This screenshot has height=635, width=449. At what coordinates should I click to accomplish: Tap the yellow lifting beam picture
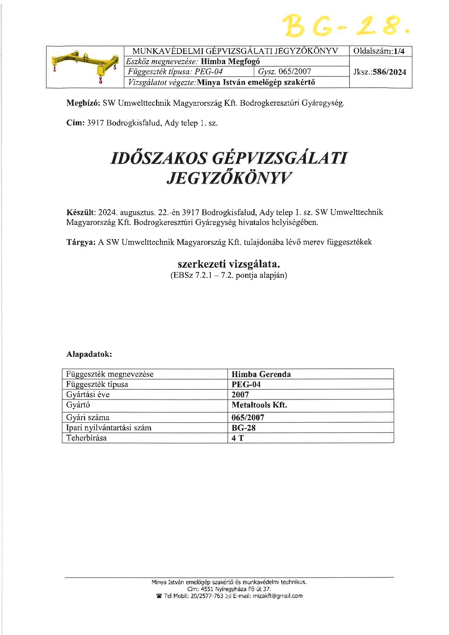(85, 67)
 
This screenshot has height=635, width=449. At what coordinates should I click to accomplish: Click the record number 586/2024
(389, 72)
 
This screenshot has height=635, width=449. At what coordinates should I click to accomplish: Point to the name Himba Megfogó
(230, 61)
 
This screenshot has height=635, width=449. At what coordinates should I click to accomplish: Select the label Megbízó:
(83, 103)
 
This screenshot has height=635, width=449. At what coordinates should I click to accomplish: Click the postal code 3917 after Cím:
(96, 123)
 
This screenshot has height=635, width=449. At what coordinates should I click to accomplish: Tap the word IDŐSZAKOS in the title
(158, 159)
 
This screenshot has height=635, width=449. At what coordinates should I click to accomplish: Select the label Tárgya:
(81, 242)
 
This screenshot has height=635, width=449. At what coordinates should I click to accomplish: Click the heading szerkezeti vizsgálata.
(229, 264)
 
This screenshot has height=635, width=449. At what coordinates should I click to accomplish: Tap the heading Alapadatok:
(89, 354)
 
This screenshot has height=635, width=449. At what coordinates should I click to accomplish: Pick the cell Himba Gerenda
(261, 374)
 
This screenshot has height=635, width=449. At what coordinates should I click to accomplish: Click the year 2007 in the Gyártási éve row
(240, 394)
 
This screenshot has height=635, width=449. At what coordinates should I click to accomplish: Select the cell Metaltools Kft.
(259, 405)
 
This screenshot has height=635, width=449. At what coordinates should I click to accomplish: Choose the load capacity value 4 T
(238, 438)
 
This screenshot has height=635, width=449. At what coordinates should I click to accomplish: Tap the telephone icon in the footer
(159, 596)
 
